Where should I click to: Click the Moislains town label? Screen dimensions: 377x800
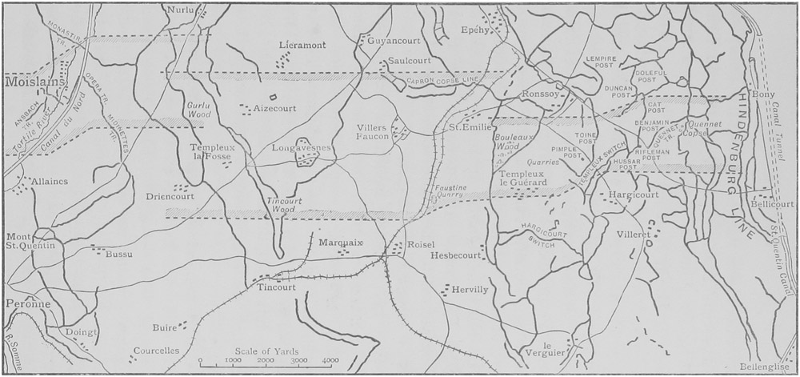click(30, 82)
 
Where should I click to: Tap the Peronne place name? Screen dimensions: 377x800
click(27, 304)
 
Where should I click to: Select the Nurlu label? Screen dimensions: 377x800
click(182, 10)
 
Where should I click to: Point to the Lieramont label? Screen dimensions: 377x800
click(302, 45)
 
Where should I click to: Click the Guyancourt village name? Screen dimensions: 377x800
click(388, 39)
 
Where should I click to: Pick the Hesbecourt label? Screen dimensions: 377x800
click(456, 255)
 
